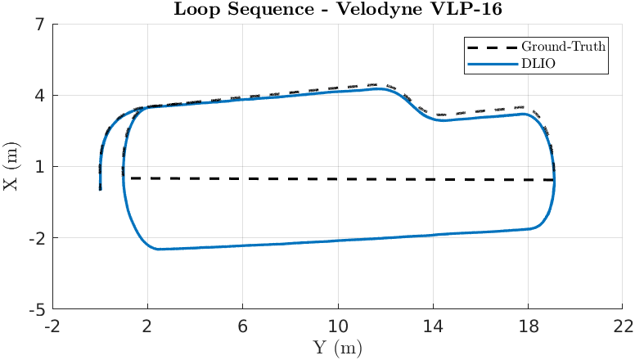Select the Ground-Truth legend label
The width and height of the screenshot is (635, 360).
pos(564,47)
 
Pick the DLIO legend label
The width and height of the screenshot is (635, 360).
pos(540,63)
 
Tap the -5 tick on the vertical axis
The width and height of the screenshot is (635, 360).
pos(35,310)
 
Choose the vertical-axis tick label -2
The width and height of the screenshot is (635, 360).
pos(35,239)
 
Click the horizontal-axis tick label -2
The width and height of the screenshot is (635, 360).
pos(52,326)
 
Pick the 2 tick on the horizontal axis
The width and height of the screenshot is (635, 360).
pos(147,326)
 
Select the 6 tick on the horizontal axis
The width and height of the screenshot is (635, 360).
pos(243,326)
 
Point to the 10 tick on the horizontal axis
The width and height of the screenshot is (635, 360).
pos(338,326)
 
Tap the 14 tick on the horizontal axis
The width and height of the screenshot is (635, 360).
pos(433,326)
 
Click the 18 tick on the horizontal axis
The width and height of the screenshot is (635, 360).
pos(528,326)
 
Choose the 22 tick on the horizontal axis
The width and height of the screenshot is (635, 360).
pos(624,326)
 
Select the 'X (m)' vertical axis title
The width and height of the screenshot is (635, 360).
pos(11,167)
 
